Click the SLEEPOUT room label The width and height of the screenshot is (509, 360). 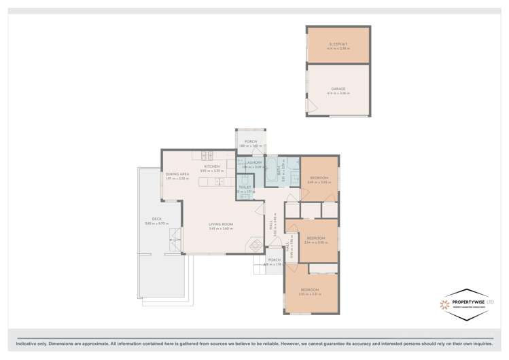(338, 44)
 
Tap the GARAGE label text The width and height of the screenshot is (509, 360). (338, 89)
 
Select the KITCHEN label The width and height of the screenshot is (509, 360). (212, 166)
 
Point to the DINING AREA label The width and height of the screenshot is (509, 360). (177, 174)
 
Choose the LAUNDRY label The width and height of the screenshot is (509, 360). (253, 162)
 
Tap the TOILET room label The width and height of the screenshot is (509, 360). (245, 187)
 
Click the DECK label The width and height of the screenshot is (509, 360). (157, 219)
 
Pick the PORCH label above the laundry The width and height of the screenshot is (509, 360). (251, 141)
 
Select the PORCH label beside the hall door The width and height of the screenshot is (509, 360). (275, 260)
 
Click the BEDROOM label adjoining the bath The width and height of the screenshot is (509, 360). (319, 177)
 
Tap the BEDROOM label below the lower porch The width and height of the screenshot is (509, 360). (309, 290)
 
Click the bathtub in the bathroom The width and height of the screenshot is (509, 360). (270, 168)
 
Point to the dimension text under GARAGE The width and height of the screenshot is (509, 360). (338, 93)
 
